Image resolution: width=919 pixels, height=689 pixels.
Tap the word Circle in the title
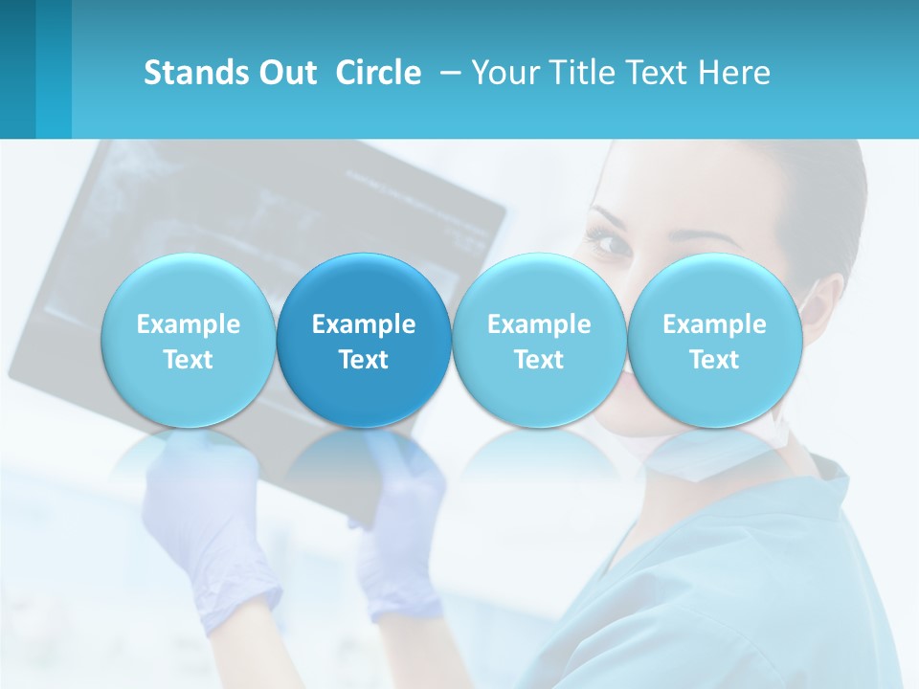coord(378,73)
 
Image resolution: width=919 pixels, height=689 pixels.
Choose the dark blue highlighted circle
coord(364,340)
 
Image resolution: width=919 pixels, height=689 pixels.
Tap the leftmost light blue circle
coord(188,340)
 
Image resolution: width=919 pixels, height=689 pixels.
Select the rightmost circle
coord(714,340)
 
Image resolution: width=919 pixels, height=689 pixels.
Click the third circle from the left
coord(539,340)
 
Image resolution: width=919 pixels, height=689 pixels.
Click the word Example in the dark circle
coord(364,324)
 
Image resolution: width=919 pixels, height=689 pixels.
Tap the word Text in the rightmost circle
coord(714,360)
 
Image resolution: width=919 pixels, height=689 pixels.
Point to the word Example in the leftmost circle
coord(188,324)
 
